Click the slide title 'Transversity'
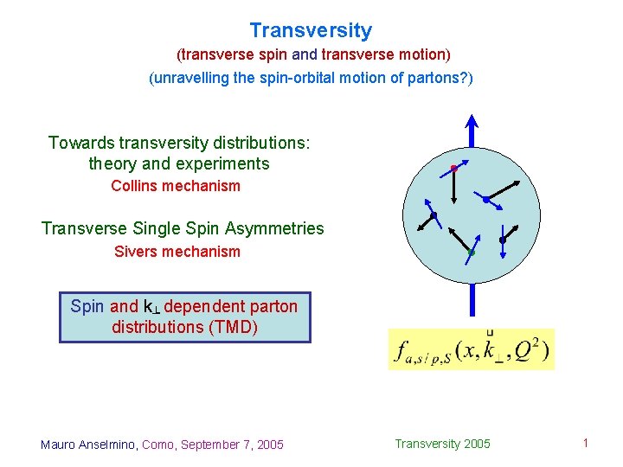click(x=311, y=31)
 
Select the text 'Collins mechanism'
click(x=176, y=186)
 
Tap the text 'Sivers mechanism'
click(x=177, y=252)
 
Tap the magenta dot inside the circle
click(x=453, y=168)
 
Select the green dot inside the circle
click(x=471, y=253)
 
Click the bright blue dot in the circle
click(x=486, y=200)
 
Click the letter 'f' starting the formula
click(x=401, y=351)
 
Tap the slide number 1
click(x=586, y=444)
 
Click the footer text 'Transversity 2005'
click(x=442, y=444)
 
